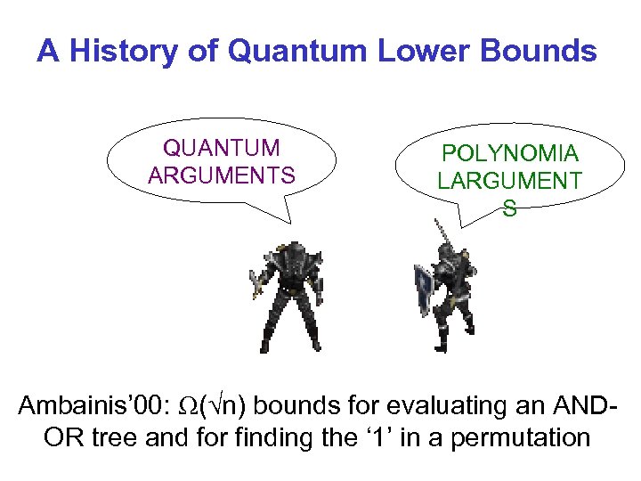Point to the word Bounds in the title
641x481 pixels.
(x=537, y=52)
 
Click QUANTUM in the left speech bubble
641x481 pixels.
(x=221, y=148)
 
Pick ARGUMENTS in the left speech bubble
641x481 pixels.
(x=221, y=175)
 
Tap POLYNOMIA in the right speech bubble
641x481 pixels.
(x=509, y=153)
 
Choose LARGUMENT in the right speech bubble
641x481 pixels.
(x=509, y=181)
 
